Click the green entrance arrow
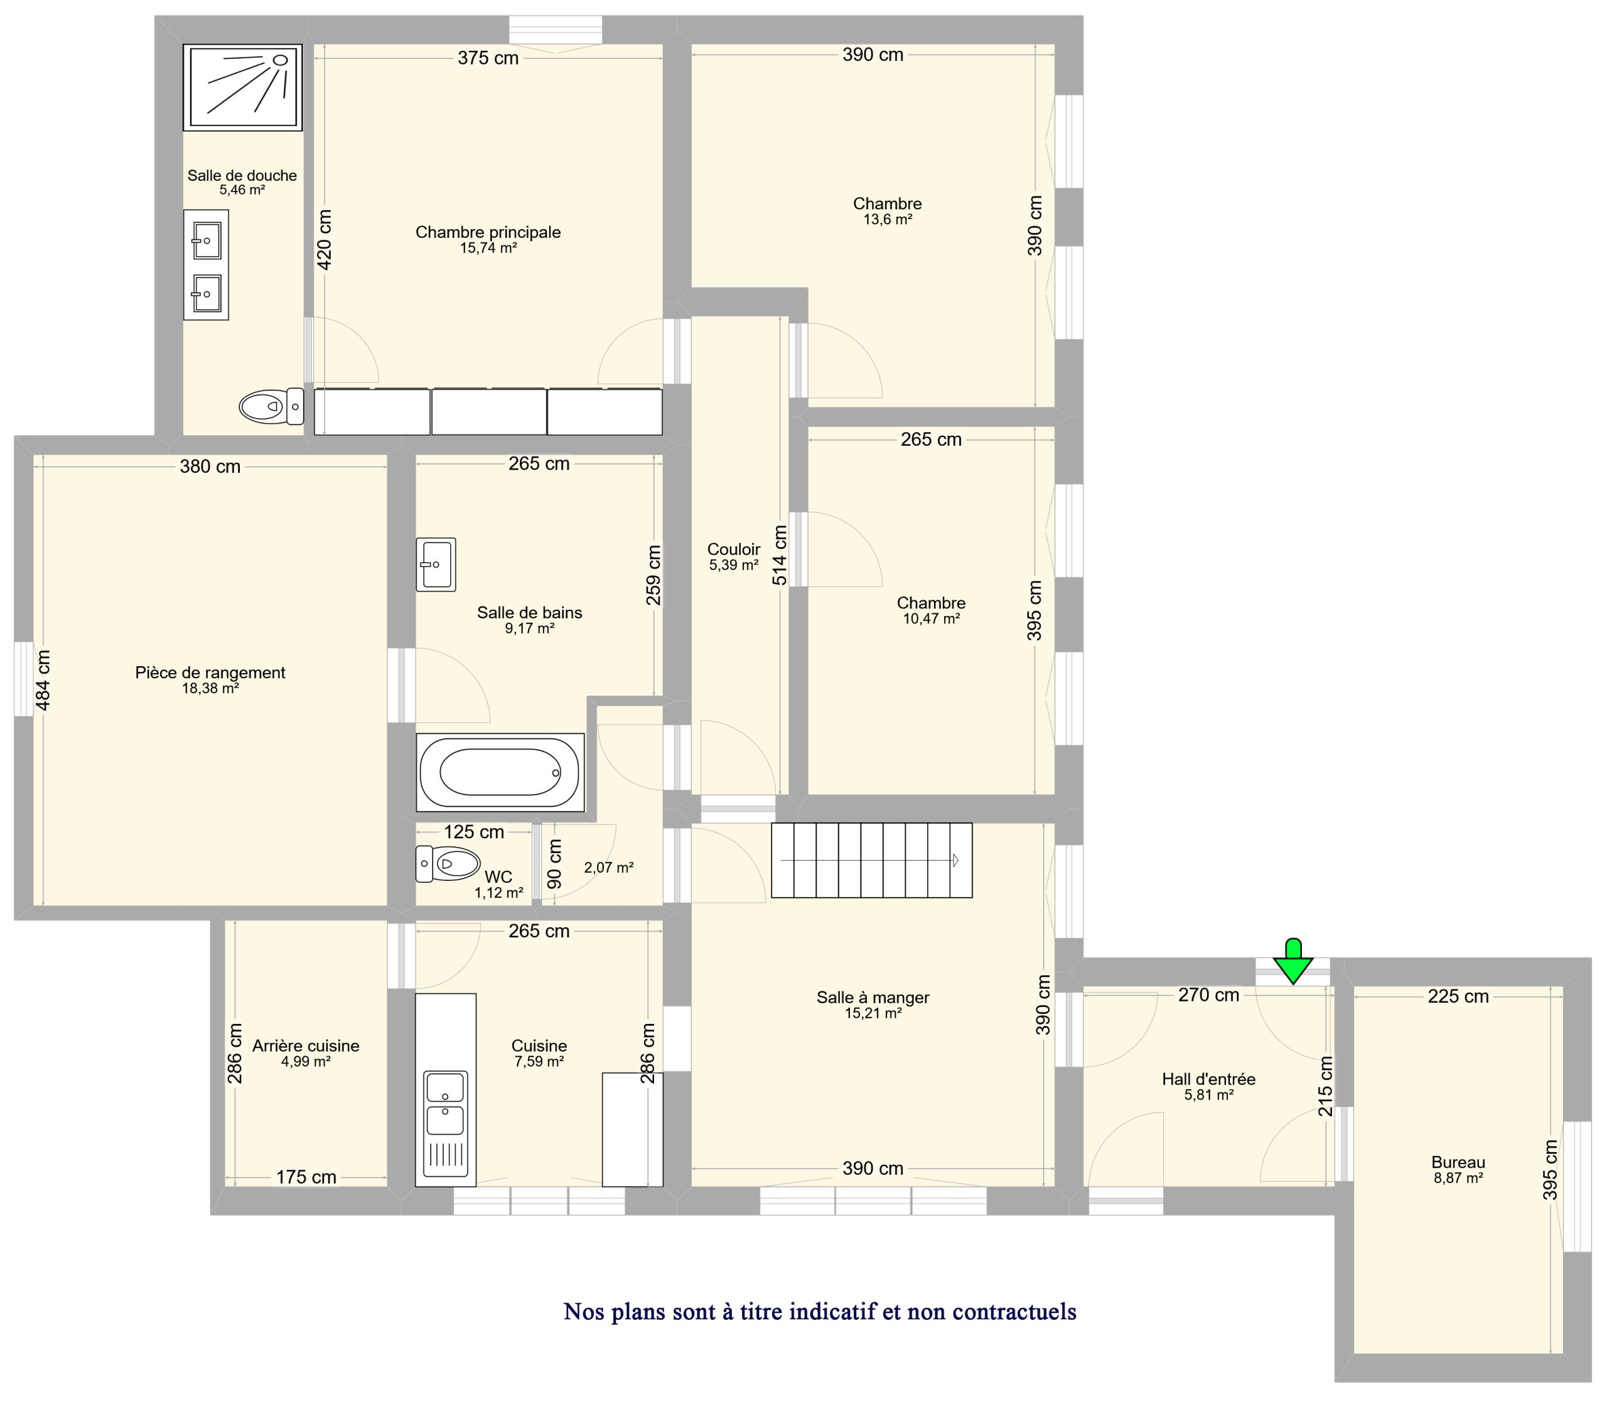(x=1293, y=961)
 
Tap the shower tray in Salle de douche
(x=242, y=87)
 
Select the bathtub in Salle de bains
(x=500, y=772)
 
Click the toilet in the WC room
(x=448, y=864)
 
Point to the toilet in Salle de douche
(x=271, y=406)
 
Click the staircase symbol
(x=871, y=860)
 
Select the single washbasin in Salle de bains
(x=436, y=564)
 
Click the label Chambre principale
(x=488, y=232)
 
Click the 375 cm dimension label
(x=488, y=58)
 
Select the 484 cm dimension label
(x=43, y=681)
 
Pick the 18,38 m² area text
(x=210, y=689)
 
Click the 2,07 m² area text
(x=609, y=867)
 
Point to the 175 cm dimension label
(x=306, y=1177)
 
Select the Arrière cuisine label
(x=306, y=1046)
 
